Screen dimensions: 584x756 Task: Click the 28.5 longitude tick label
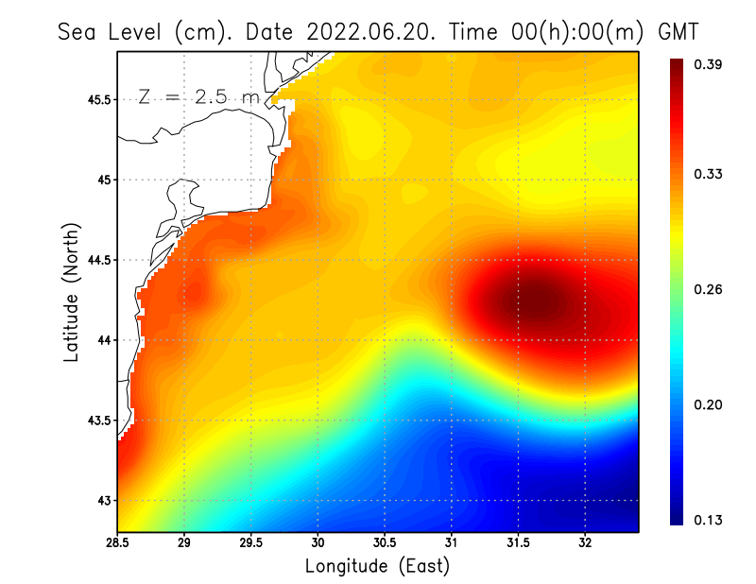point(117,542)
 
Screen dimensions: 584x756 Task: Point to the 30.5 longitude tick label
point(385,542)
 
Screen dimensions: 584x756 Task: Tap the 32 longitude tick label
point(585,542)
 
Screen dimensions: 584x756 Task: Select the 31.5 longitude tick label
point(518,542)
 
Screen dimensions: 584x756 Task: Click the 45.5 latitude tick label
point(98,100)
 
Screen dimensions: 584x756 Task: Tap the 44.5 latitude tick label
point(98,261)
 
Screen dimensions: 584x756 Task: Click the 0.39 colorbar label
point(710,64)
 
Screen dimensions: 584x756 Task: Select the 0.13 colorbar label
point(710,520)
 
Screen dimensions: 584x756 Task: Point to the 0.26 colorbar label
point(710,289)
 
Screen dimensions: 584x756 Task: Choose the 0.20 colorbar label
point(710,404)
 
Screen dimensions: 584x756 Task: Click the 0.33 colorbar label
point(710,174)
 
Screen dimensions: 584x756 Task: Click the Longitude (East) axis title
point(377,566)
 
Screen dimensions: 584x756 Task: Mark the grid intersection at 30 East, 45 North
point(318,180)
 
